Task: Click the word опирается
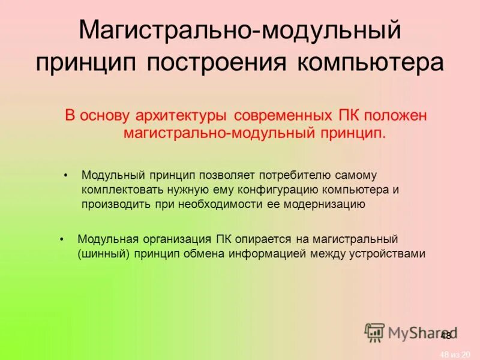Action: pyautogui.click(x=257, y=239)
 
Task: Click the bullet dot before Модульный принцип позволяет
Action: pyautogui.click(x=67, y=175)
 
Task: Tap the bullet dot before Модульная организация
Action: pyautogui.click(x=62, y=239)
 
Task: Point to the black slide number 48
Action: pyautogui.click(x=445, y=336)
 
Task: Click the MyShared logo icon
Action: pyautogui.click(x=374, y=332)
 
